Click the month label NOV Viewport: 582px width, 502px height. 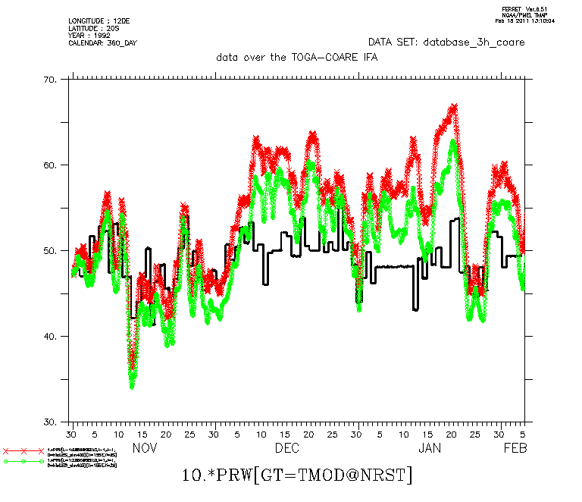[x=145, y=448]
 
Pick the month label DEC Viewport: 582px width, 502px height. [x=286, y=448]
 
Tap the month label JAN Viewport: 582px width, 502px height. [x=429, y=448]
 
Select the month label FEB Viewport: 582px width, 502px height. [x=516, y=448]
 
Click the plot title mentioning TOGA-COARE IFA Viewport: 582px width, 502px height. [x=296, y=57]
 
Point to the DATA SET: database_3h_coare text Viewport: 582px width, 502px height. [x=446, y=42]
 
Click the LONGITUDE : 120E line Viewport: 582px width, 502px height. [x=94, y=20]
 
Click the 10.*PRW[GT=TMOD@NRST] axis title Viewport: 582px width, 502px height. [x=297, y=475]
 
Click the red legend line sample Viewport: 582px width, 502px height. [x=23, y=451]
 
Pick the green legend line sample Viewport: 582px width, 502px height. [x=23, y=461]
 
